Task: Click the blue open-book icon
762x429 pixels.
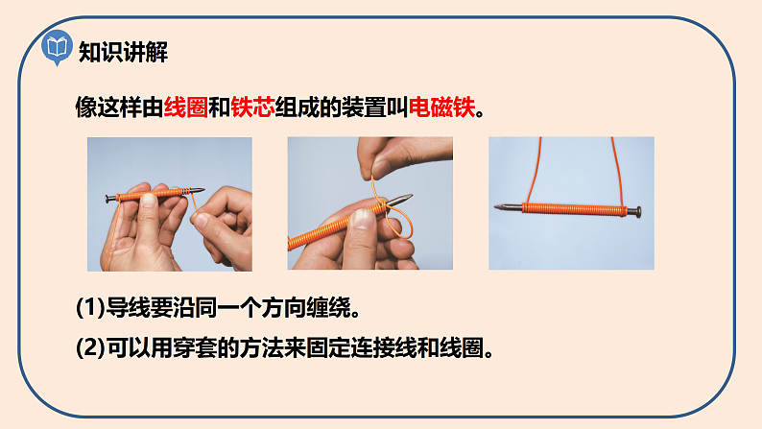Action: pyautogui.click(x=57, y=47)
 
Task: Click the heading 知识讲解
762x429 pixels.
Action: pyautogui.click(x=123, y=52)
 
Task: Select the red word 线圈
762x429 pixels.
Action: pyautogui.click(x=186, y=107)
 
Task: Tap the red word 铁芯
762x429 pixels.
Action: pyautogui.click(x=252, y=107)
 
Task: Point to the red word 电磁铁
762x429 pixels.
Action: pyautogui.click(x=441, y=107)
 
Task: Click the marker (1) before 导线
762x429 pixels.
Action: pyautogui.click(x=90, y=307)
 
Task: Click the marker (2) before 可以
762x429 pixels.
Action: pyautogui.click(x=90, y=347)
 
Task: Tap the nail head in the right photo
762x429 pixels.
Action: pyautogui.click(x=635, y=212)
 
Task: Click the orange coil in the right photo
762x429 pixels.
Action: pyautogui.click(x=575, y=209)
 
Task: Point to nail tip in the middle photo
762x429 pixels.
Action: pyautogui.click(x=411, y=196)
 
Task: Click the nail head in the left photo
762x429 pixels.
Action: pyautogui.click(x=107, y=199)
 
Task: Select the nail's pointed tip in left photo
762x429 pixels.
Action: pyautogui.click(x=203, y=189)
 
